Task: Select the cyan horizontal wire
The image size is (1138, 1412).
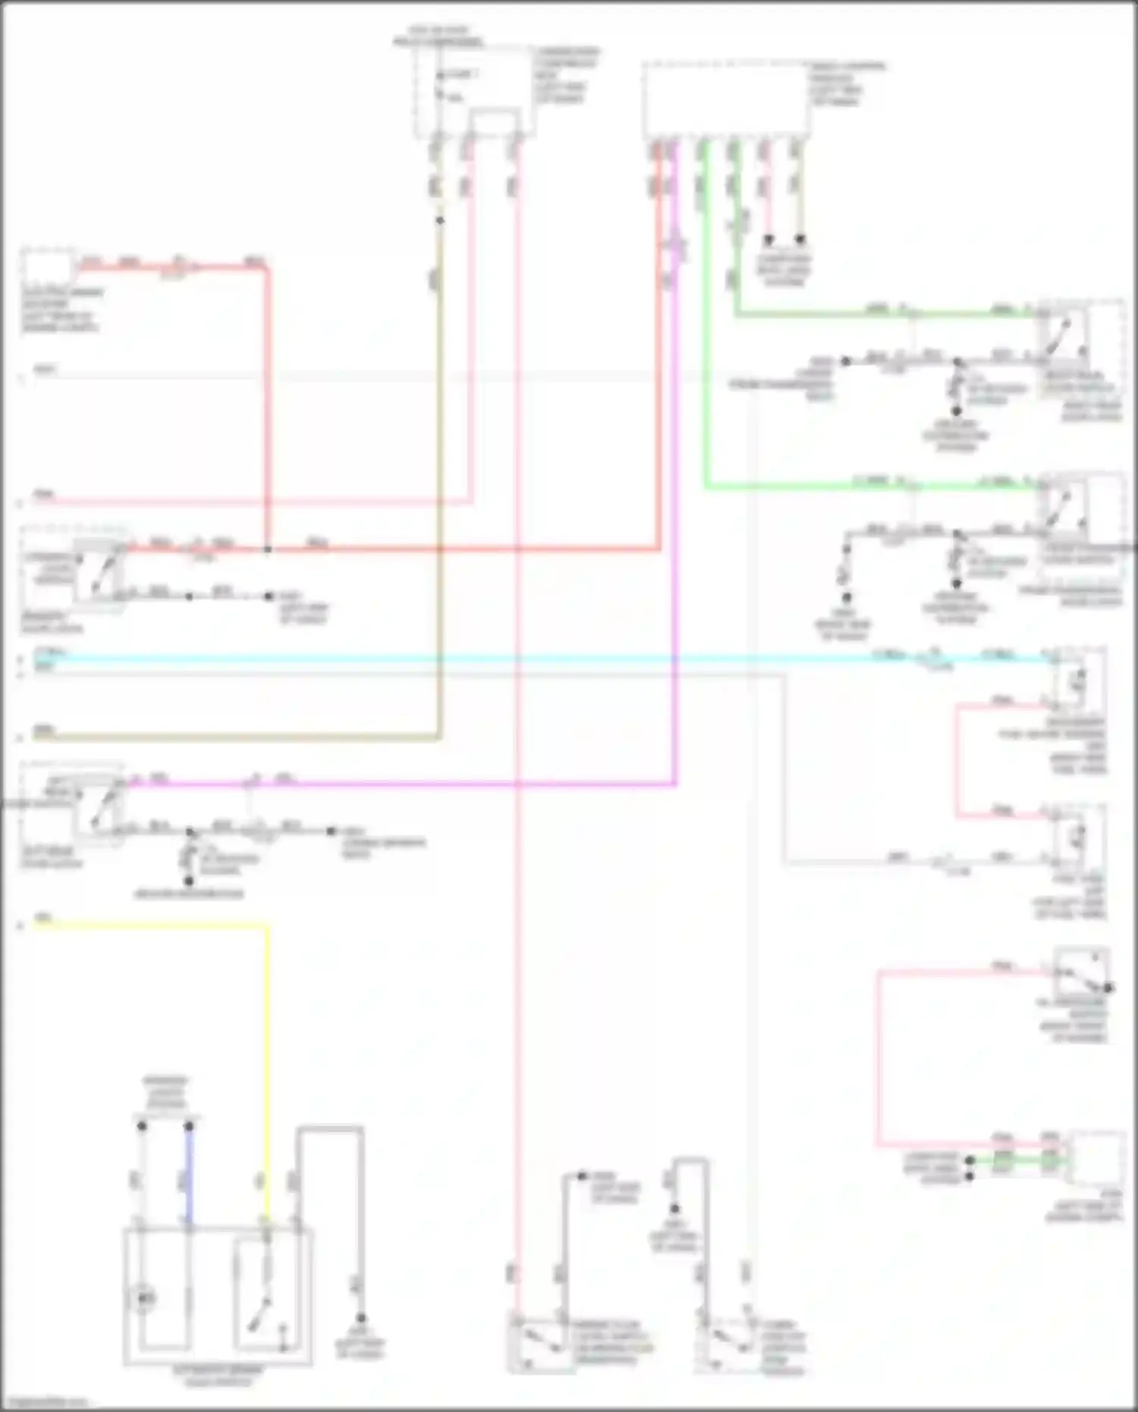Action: click(x=531, y=659)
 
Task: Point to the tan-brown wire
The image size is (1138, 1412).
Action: click(x=439, y=531)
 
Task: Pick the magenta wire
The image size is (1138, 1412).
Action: click(x=455, y=783)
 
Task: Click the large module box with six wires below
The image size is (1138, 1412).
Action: click(x=725, y=101)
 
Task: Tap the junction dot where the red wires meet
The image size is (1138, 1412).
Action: click(x=268, y=549)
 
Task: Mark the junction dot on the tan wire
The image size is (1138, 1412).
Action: click(x=439, y=221)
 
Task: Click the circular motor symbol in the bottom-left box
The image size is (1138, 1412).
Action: click(x=143, y=1298)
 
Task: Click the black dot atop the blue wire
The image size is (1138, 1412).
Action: click(x=189, y=1127)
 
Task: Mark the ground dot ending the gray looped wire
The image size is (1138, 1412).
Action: click(x=361, y=1318)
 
